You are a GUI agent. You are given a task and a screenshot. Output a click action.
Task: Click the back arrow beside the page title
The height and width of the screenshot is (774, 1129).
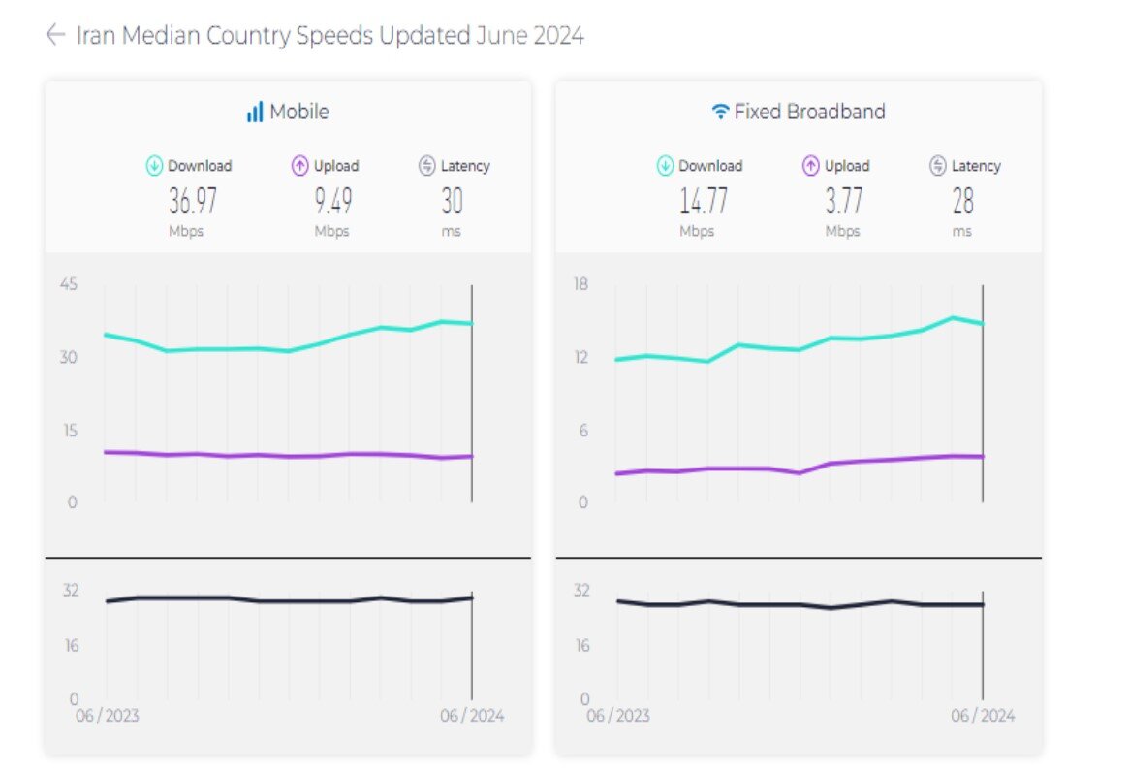(55, 36)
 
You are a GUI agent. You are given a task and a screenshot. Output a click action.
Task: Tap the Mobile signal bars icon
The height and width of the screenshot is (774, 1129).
(255, 113)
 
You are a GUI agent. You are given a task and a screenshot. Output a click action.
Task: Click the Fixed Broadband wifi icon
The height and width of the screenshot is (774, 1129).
(720, 113)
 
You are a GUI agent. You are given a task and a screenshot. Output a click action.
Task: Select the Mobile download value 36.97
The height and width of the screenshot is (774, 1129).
(193, 202)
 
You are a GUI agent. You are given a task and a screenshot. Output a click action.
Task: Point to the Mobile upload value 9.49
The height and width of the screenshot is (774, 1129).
(332, 202)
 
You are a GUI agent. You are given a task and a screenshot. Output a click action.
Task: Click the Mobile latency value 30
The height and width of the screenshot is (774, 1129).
(452, 202)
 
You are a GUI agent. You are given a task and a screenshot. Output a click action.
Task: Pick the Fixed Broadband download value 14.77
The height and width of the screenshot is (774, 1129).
(704, 202)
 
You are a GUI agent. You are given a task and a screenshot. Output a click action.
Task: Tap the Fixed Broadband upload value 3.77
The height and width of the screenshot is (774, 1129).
(843, 202)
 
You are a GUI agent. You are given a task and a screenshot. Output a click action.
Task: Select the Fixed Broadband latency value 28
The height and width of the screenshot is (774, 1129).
(962, 202)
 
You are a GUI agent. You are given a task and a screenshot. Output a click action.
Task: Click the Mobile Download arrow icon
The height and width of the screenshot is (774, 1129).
(154, 166)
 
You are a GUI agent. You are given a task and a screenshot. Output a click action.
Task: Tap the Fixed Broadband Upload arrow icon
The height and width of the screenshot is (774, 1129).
(811, 166)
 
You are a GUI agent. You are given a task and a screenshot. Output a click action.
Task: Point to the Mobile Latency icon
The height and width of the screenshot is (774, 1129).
(427, 166)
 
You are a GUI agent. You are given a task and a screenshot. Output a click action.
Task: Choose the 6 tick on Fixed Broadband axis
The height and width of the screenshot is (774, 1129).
(583, 431)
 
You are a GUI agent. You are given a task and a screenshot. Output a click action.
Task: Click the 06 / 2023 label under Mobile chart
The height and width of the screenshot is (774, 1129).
(107, 717)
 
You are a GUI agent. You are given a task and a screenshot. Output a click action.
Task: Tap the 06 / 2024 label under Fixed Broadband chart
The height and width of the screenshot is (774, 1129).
(983, 717)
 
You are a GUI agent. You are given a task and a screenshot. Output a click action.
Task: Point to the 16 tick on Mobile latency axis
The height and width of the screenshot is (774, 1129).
(71, 646)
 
